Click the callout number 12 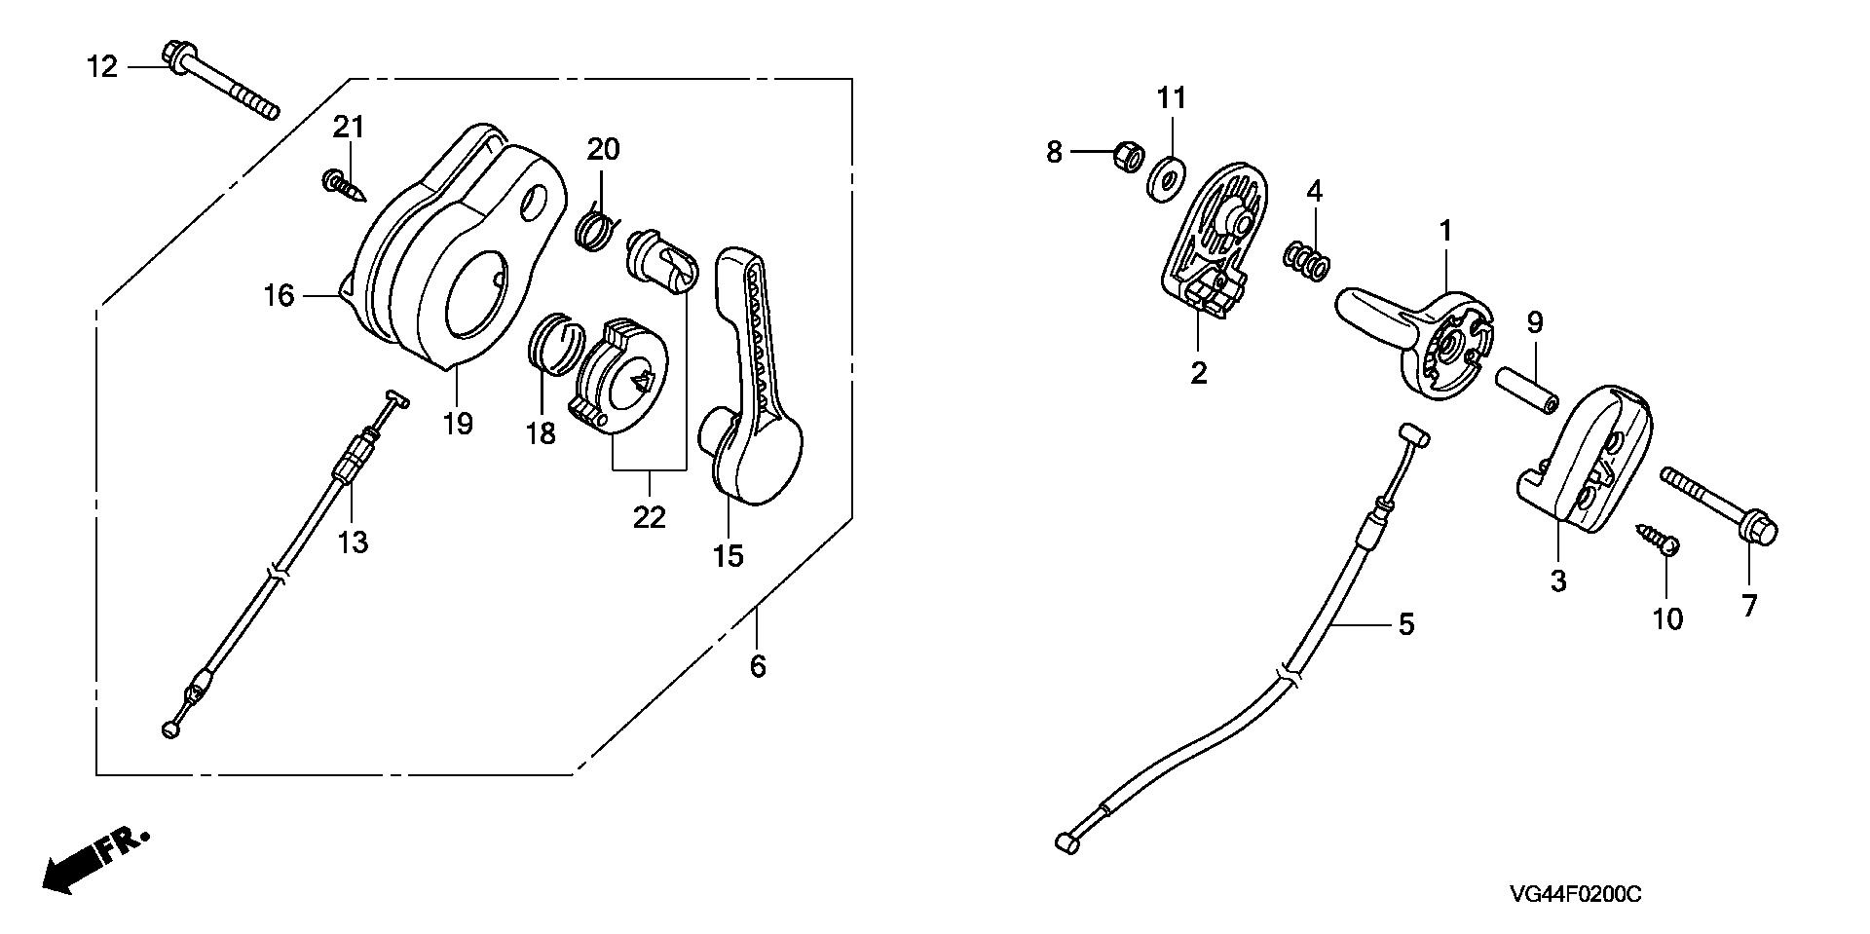pyautogui.click(x=101, y=67)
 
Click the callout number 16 pyautogui.click(x=279, y=295)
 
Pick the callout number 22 pyautogui.click(x=649, y=517)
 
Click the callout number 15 pyautogui.click(x=728, y=555)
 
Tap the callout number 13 pyautogui.click(x=353, y=542)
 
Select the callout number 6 pyautogui.click(x=758, y=667)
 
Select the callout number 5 pyautogui.click(x=1405, y=624)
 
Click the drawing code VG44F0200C pyautogui.click(x=1576, y=895)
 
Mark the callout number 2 pyautogui.click(x=1198, y=373)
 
